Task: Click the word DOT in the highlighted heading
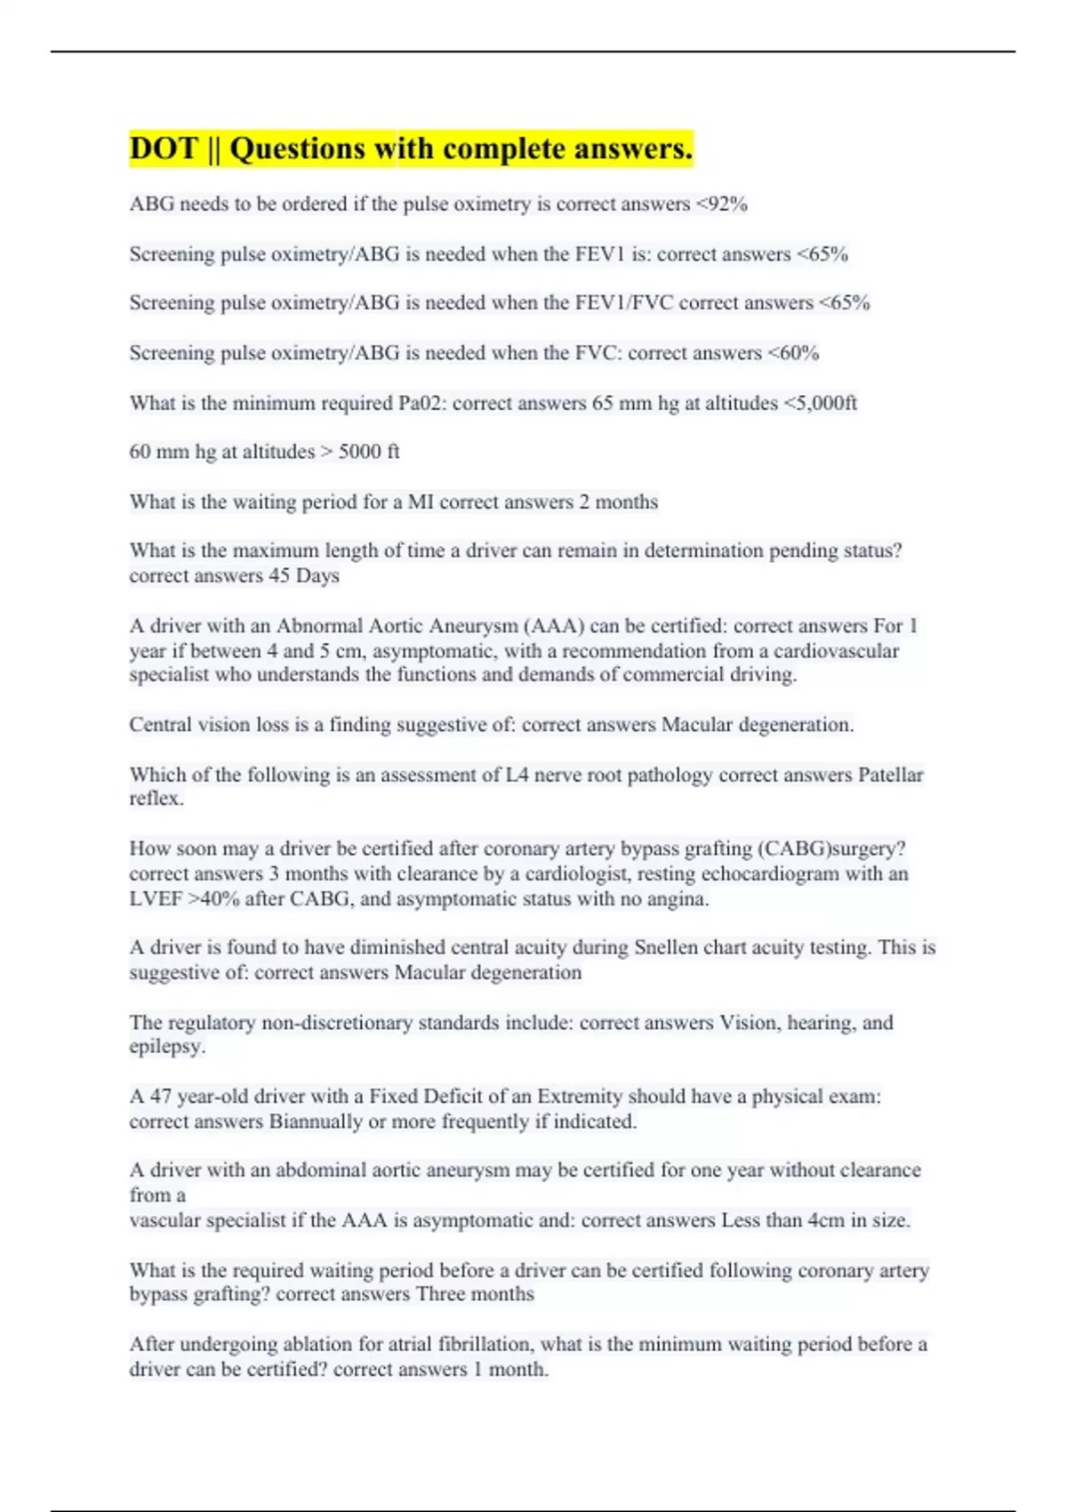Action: coord(163,149)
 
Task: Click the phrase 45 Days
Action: coord(304,575)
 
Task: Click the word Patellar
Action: coord(890,776)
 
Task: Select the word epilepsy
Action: coord(165,1047)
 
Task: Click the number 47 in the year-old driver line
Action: coord(160,1097)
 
